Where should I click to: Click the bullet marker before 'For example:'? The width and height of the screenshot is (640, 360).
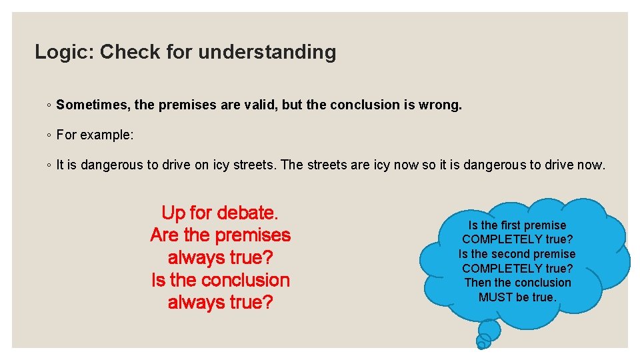coord(49,135)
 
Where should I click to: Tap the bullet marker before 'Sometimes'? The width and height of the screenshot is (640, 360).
coord(49,105)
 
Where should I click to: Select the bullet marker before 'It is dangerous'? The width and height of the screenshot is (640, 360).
coord(49,165)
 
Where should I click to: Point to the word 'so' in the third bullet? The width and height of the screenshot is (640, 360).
coord(429,165)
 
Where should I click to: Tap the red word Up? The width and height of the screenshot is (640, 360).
coord(173,213)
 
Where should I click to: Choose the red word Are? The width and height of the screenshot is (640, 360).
coord(165,235)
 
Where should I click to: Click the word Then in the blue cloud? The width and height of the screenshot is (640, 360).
coord(477,283)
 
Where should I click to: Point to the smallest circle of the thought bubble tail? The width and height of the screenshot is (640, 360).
coord(481,345)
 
